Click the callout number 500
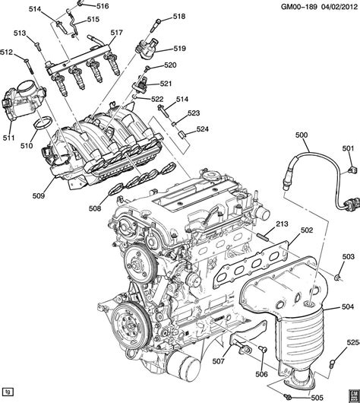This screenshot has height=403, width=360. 302,135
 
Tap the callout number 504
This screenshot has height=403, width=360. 348,306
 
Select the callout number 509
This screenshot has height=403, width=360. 39,196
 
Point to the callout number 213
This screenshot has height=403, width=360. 282,224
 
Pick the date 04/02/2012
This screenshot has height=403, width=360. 339,6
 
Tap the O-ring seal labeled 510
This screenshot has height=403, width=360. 43,124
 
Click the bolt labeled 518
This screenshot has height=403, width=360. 156,25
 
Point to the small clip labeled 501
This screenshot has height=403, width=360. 352,170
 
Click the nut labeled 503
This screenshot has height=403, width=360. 338,277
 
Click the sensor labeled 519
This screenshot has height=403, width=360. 145,49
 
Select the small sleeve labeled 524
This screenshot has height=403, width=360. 182,135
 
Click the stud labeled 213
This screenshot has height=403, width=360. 262,236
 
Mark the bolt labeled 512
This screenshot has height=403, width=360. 28,67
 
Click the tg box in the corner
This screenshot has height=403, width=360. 8,392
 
